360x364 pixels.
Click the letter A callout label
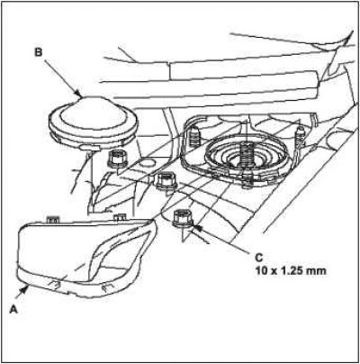13,309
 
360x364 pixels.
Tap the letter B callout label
39,52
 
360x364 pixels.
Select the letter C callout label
258,258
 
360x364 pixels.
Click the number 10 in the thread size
262,271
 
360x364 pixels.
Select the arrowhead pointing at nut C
197,229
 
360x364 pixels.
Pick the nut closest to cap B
117,159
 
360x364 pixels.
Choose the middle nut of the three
166,181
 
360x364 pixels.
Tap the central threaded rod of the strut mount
246,154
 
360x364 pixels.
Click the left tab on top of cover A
52,220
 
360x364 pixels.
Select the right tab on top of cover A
120,218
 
